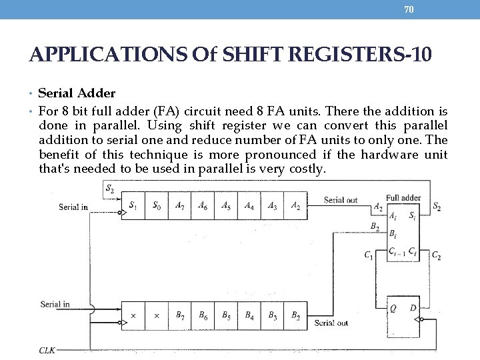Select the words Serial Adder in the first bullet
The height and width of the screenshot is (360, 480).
(77, 93)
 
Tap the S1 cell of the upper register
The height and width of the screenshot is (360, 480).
(134, 206)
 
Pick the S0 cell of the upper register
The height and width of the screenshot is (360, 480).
(157, 206)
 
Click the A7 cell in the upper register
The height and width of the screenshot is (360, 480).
(180, 206)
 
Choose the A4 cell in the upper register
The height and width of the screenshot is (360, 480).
(249, 206)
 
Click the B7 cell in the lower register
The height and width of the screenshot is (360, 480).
(180, 315)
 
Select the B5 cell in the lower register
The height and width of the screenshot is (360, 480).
(226, 315)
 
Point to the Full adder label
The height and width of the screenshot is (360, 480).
(403, 197)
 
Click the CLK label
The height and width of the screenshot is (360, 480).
(47, 349)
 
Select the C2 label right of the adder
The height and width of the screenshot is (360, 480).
(436, 255)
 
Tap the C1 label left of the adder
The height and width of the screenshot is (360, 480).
(369, 255)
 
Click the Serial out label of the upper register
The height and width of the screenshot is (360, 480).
(341, 200)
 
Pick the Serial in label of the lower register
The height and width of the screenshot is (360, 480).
(55, 304)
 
